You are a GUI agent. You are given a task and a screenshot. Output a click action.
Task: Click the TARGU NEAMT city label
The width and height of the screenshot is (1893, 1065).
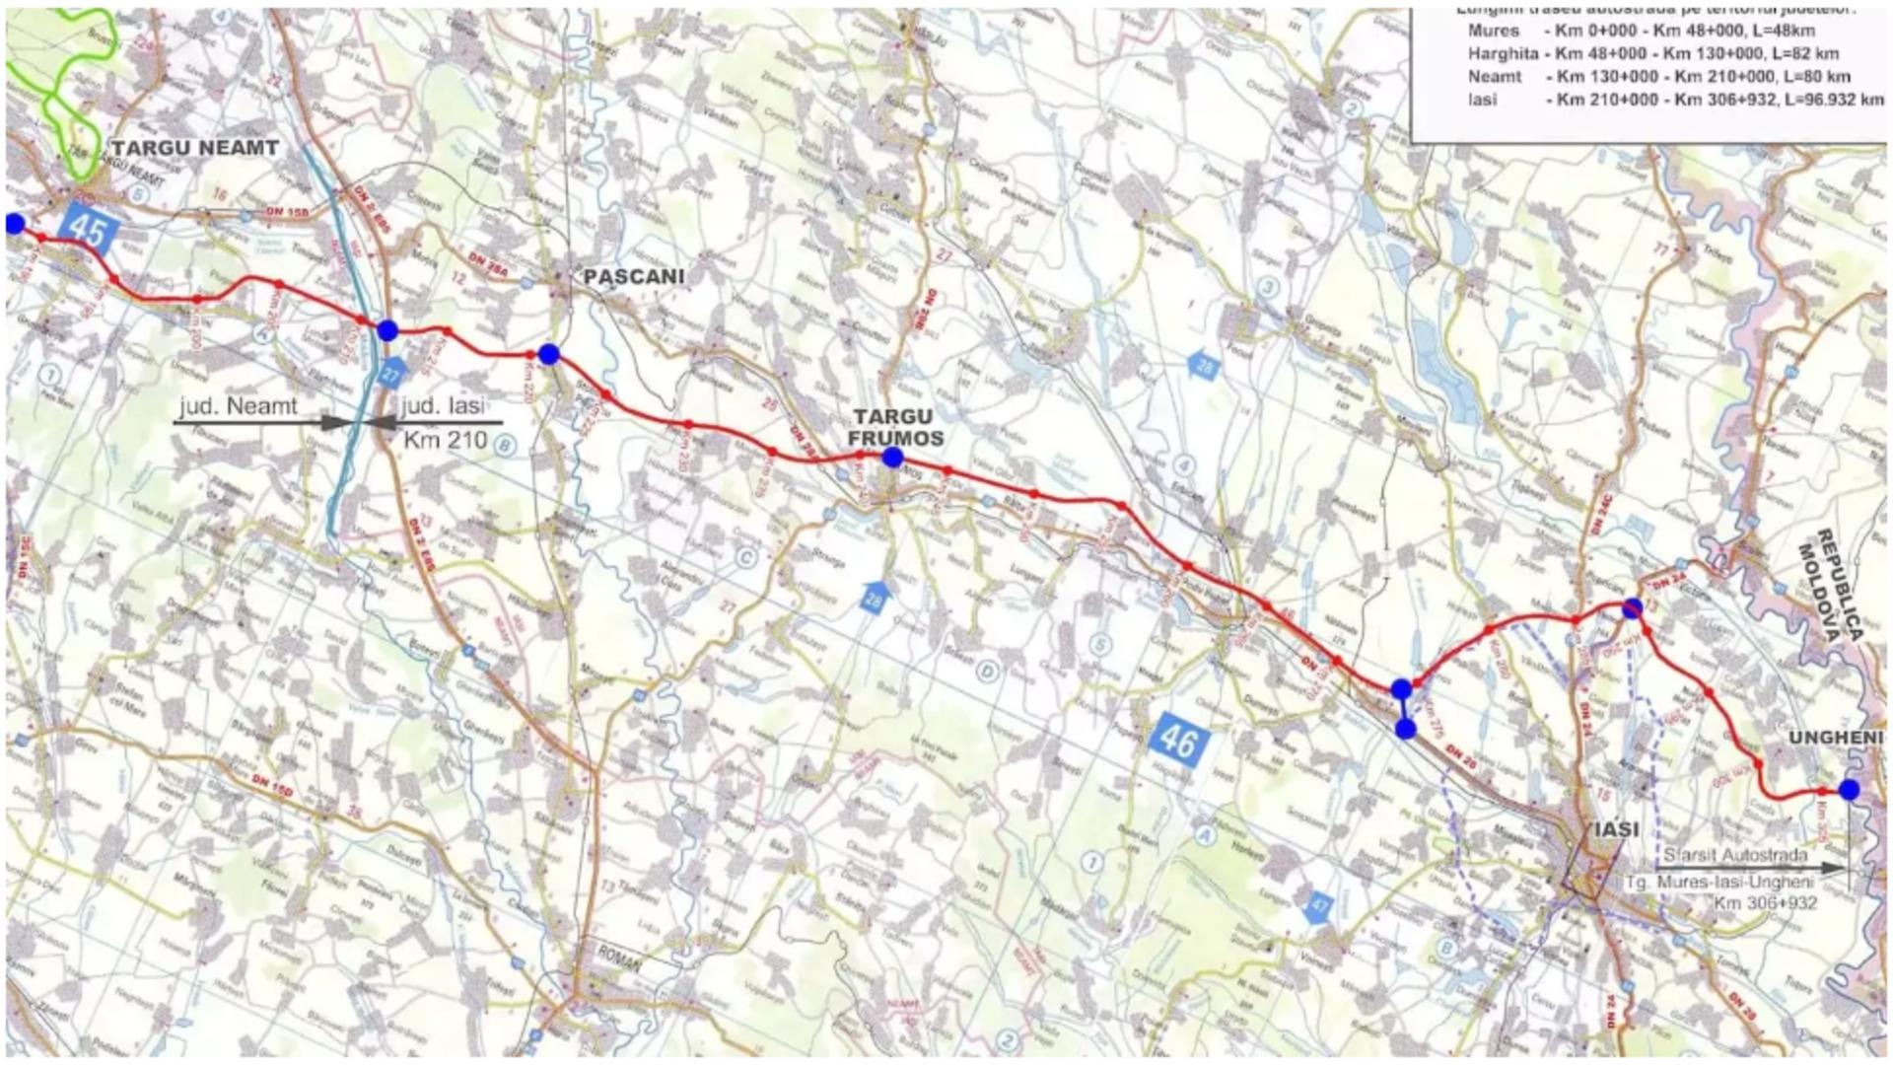pos(195,148)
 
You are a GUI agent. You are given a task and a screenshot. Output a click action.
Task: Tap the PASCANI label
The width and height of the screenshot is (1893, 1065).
pos(634,276)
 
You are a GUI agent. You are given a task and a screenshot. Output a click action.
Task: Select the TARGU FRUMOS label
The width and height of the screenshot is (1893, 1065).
pos(898,428)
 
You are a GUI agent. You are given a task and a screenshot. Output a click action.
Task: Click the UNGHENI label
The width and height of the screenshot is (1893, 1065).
pos(1836,738)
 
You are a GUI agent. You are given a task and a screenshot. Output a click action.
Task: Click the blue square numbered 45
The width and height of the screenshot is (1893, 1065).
pos(89,231)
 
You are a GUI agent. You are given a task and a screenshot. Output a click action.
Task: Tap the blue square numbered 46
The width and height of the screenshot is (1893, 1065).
pos(1178,740)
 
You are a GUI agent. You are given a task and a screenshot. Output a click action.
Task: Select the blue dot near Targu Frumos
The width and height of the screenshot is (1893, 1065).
pos(892,457)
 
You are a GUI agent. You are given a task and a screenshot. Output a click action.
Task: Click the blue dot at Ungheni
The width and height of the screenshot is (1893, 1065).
pos(1849,789)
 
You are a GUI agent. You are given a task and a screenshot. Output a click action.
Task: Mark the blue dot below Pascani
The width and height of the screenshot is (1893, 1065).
pos(549,354)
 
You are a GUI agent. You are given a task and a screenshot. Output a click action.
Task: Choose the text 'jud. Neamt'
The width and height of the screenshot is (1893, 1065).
pos(239,406)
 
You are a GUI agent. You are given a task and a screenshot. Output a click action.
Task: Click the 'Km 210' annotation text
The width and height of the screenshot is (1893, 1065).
pos(446,439)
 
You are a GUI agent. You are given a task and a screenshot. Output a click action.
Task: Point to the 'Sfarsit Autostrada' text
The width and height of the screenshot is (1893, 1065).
pos(1735,855)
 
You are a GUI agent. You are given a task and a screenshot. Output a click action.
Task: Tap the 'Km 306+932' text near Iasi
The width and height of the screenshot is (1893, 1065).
pos(1765,902)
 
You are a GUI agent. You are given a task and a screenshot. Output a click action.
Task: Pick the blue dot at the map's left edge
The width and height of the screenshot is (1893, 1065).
pos(14,224)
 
